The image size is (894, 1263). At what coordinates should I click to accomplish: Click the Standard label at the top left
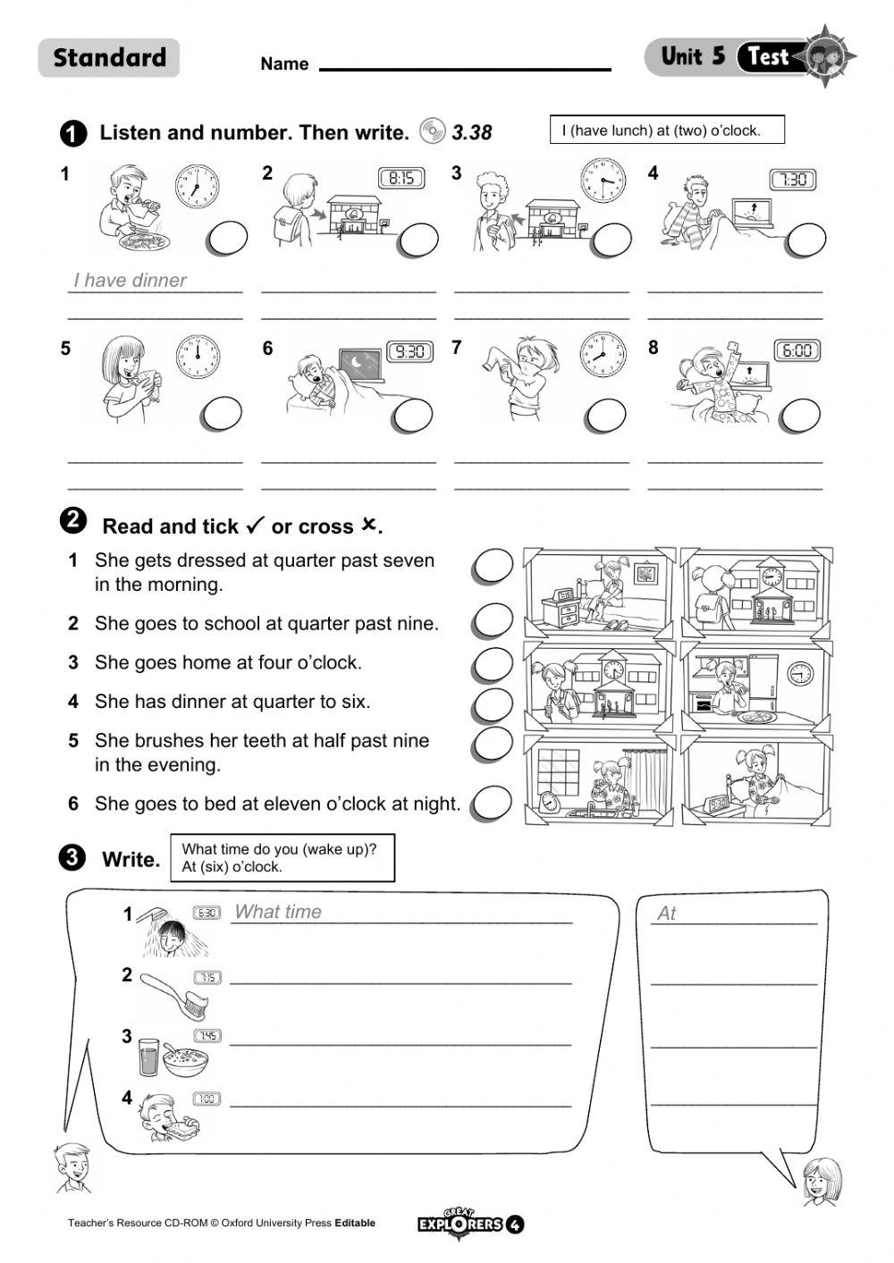(109, 58)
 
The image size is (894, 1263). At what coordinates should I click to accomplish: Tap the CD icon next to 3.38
(432, 131)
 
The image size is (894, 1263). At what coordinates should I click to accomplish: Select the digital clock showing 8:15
(401, 178)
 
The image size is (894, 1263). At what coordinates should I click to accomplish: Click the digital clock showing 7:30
(793, 180)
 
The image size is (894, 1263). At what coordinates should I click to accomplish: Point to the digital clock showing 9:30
(409, 351)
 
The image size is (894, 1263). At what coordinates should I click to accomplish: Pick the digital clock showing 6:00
(797, 350)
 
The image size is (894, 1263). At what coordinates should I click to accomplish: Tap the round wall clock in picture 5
(197, 356)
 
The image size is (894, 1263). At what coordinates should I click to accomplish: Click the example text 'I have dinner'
(131, 280)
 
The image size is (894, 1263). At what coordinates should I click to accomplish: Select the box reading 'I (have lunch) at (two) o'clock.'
(666, 131)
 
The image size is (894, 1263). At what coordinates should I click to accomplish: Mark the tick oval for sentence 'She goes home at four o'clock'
(493, 664)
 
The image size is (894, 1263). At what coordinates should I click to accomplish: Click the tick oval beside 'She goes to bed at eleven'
(492, 804)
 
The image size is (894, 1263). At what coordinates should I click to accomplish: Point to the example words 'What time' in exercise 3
(278, 912)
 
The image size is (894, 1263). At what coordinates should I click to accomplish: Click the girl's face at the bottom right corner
(820, 1180)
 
